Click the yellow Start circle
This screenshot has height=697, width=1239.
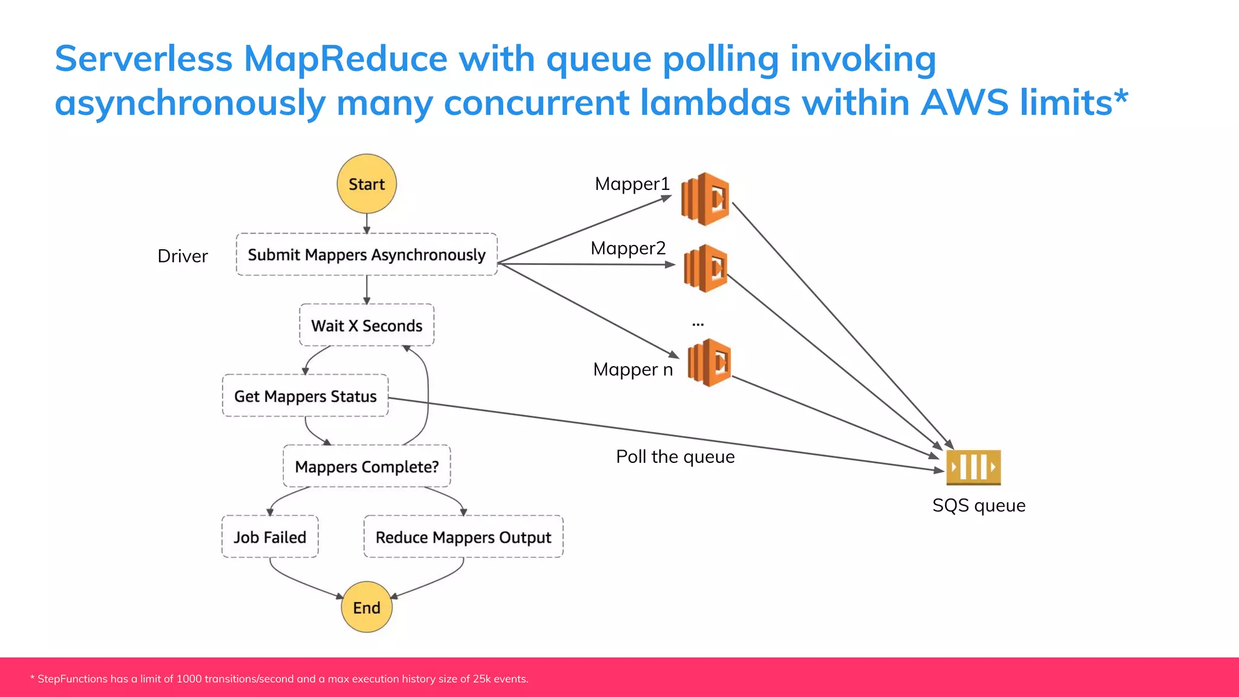click(367, 184)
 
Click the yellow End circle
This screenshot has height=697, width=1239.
click(367, 607)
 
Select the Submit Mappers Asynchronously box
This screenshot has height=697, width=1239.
click(367, 255)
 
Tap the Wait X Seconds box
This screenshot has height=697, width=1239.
click(367, 326)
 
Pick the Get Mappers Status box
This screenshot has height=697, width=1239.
click(305, 396)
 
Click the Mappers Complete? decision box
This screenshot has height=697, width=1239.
click(367, 466)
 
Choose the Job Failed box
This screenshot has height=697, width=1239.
click(270, 537)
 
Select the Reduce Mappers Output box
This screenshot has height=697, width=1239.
click(463, 537)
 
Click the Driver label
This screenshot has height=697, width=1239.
click(183, 256)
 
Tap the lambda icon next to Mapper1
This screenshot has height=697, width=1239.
click(705, 199)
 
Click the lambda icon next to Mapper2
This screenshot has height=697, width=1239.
click(705, 268)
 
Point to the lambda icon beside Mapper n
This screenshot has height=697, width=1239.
click(709, 363)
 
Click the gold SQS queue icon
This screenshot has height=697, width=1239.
click(973, 467)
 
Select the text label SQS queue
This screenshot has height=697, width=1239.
click(978, 505)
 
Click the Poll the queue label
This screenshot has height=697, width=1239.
click(675, 457)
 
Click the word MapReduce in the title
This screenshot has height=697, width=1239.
click(345, 59)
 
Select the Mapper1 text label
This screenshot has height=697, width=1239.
click(632, 184)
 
